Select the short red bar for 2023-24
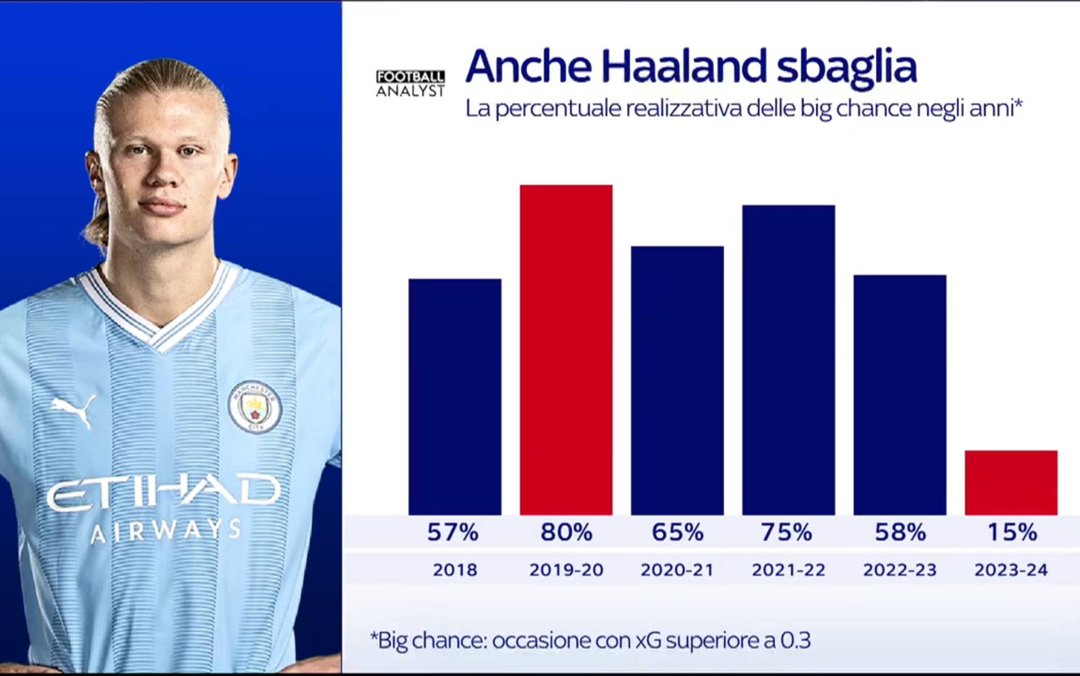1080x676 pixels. coord(1011,482)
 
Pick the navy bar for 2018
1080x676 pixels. coord(455,397)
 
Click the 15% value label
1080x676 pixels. coord(1012,532)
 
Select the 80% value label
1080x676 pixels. coord(566,532)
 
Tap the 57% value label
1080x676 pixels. coord(453,532)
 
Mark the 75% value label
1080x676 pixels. coord(787,532)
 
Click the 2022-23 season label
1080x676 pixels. coord(900,570)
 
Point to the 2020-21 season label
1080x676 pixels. coord(677,570)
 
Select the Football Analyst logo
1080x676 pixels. coord(410,84)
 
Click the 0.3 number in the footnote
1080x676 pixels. coord(795,640)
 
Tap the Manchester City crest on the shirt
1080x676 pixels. coord(254,407)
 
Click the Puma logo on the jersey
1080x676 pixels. coord(74,409)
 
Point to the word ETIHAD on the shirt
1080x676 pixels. coord(164,491)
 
